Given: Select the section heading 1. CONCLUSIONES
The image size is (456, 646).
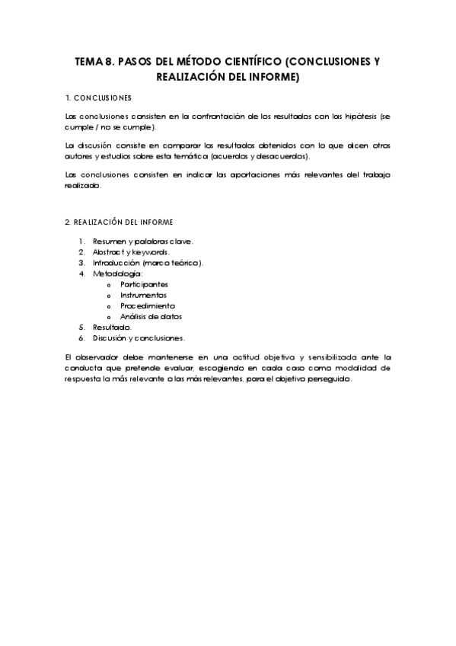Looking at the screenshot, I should [x=99, y=98].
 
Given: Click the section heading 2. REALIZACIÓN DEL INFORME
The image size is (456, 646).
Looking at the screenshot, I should [x=120, y=222].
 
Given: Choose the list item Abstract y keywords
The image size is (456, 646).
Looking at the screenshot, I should [x=131, y=251].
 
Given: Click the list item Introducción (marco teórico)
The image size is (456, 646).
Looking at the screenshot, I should [x=148, y=262].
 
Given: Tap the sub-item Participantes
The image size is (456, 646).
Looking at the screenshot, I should [x=144, y=283].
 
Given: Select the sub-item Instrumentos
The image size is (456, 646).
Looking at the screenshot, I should [x=143, y=294].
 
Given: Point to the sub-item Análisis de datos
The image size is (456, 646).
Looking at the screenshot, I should [x=151, y=315].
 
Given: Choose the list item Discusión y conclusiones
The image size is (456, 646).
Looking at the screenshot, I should [x=138, y=337].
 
